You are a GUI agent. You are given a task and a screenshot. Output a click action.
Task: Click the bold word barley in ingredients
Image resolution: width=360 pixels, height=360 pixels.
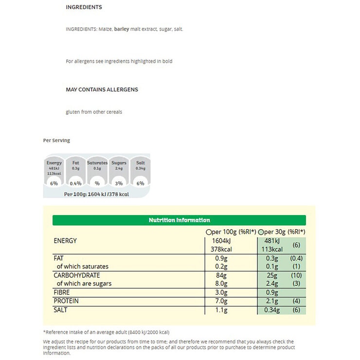(121, 29)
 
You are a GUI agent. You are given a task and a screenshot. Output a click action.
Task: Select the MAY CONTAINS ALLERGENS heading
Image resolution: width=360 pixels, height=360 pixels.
(102, 90)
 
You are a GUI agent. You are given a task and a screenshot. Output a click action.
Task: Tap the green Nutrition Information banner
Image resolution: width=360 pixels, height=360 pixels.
(179, 220)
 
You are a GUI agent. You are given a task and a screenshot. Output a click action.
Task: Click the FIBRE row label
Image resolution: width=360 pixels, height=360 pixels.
(62, 292)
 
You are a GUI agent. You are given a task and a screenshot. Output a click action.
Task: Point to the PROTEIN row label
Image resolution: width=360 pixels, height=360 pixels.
(66, 301)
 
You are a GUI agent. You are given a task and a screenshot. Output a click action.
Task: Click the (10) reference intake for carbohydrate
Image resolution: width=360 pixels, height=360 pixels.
(296, 275)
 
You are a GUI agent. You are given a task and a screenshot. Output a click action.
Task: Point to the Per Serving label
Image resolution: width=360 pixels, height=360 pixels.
(56, 141)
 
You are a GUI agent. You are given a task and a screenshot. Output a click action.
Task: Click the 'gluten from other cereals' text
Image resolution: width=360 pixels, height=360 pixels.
(94, 112)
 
